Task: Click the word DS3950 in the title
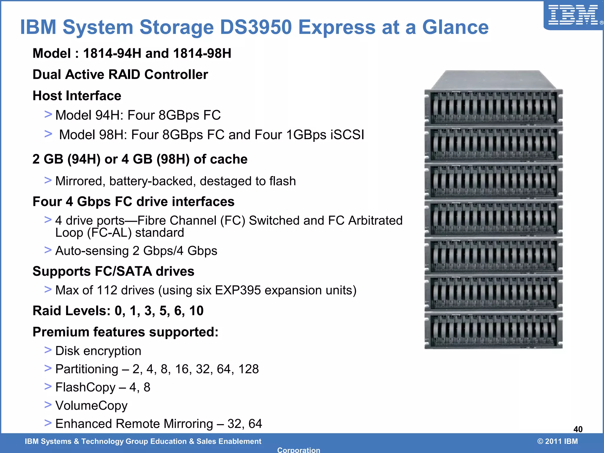[256, 27]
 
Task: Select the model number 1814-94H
[112, 53]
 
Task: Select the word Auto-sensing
[92, 251]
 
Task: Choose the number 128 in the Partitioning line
[248, 369]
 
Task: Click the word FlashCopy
[85, 387]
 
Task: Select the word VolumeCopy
[91, 406]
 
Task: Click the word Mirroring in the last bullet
[188, 424]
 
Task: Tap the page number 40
[578, 429]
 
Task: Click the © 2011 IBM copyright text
[557, 441]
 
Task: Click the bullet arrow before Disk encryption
[48, 350]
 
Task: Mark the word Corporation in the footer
[298, 450]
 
